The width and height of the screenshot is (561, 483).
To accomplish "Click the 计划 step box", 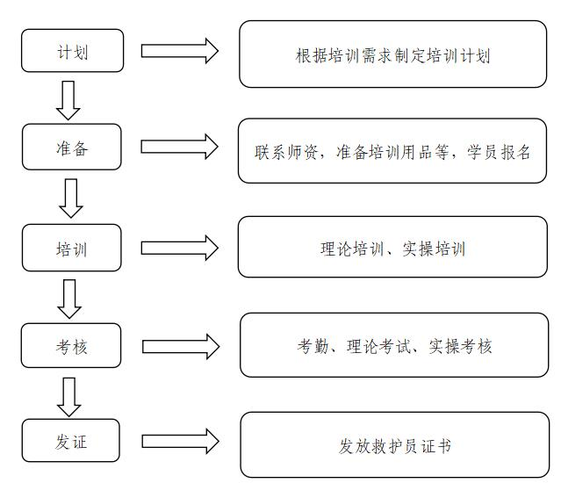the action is (72, 50).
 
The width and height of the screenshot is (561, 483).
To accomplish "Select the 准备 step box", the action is (72, 147).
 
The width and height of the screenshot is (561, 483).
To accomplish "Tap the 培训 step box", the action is (72, 248).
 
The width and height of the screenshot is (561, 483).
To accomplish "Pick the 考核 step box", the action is (71, 345).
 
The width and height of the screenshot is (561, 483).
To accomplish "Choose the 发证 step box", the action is (71, 441).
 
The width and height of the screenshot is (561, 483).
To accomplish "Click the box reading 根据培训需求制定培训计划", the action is (392, 54).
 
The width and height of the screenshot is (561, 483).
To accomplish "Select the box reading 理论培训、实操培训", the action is (392, 247).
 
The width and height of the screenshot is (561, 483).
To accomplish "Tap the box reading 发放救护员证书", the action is (395, 444).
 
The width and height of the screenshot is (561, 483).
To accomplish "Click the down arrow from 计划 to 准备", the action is (68, 100).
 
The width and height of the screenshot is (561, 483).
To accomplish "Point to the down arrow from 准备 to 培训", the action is (71, 198).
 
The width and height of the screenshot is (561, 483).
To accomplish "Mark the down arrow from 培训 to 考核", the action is (69, 299).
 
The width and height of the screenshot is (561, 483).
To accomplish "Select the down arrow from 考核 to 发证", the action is (69, 397).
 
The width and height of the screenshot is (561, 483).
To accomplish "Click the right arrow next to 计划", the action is (180, 51).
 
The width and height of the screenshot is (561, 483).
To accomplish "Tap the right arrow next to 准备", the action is (179, 147).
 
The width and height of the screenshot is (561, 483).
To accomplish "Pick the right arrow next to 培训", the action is (180, 248).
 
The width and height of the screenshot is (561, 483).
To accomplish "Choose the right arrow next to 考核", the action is (181, 346).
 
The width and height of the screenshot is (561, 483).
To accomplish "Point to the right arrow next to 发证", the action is (180, 441).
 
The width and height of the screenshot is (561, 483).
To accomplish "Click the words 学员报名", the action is (499, 152).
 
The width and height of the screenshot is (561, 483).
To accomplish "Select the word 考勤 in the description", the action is (313, 346).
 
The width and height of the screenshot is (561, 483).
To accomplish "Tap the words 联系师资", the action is (286, 152).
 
